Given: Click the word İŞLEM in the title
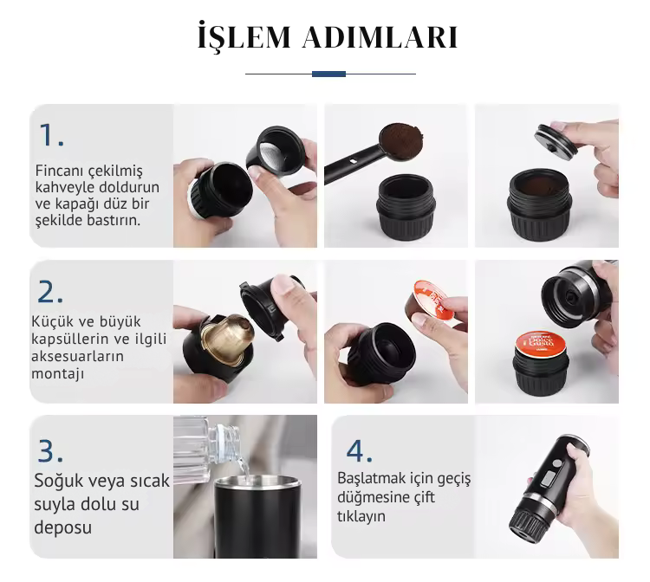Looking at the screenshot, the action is click(244, 36).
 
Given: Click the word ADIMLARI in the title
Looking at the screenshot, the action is click(380, 37).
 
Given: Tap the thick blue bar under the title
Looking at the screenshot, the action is click(328, 74).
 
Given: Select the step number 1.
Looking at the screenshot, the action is click(51, 135).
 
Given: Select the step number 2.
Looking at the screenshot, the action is click(50, 292).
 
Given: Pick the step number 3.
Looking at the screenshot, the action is click(50, 450).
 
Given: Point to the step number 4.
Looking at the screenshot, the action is click(359, 450).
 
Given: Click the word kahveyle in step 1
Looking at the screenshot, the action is click(62, 187).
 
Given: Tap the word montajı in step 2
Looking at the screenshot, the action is click(57, 373).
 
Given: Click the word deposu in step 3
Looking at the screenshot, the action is click(62, 527).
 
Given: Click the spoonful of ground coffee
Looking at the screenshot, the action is click(401, 140).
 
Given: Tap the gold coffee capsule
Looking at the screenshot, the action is click(228, 339).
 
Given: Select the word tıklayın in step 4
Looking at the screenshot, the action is click(361, 516).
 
